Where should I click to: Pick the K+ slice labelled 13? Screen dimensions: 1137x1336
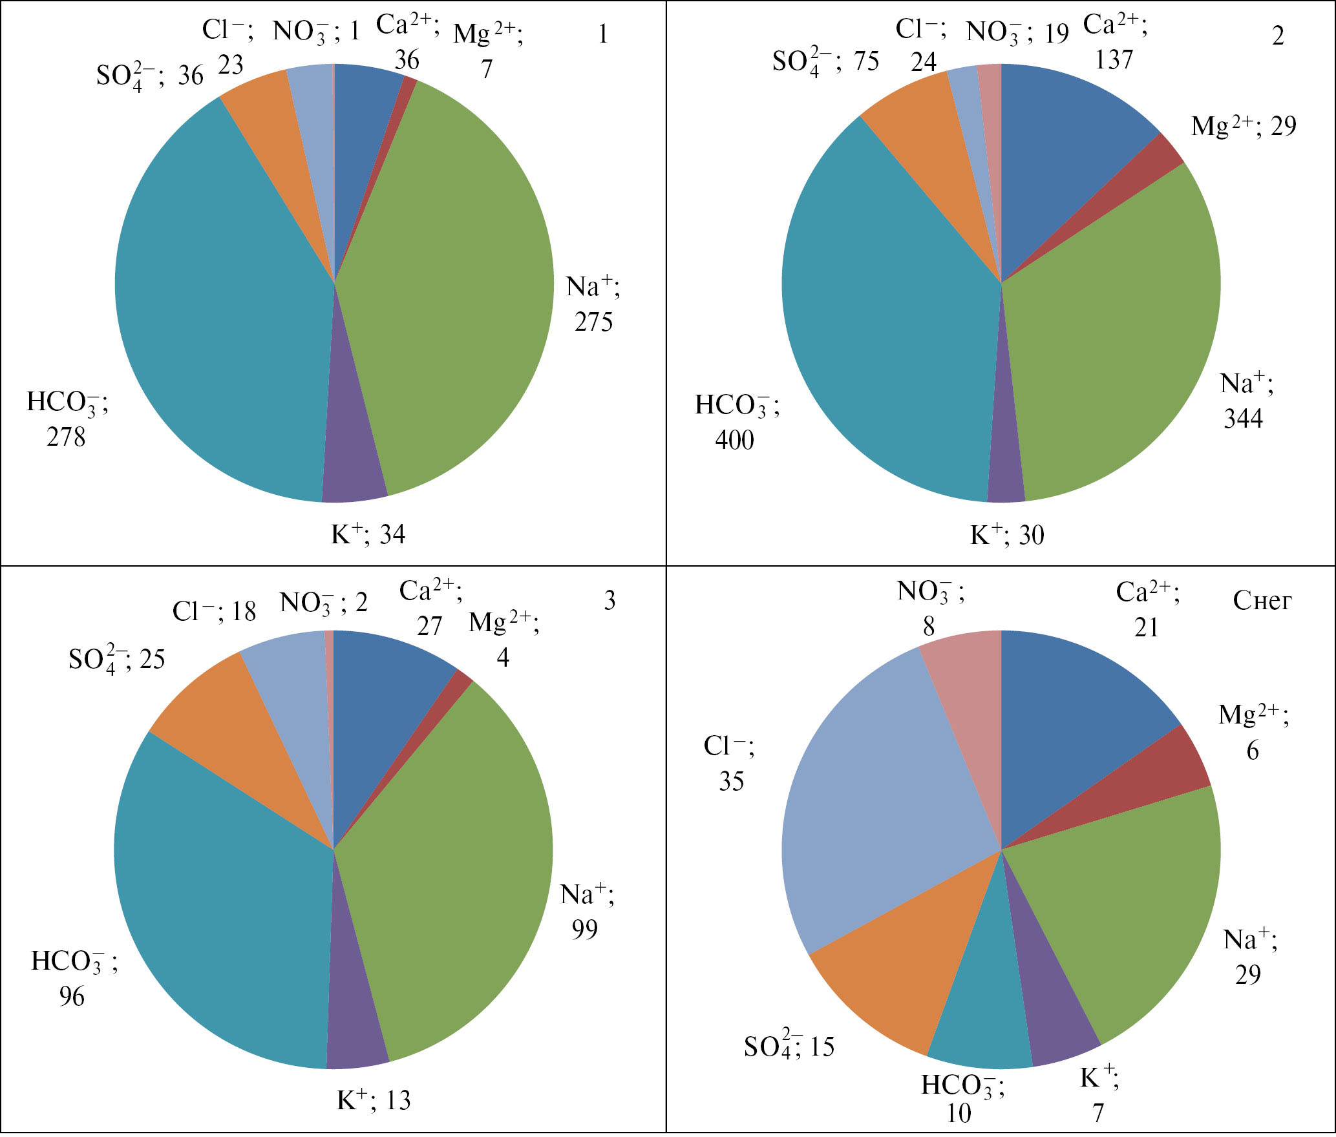click(x=355, y=1027)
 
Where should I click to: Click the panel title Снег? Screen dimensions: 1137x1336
click(x=1262, y=601)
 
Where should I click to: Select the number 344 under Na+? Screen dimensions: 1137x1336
click(x=1243, y=419)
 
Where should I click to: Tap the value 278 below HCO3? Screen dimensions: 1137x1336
click(x=66, y=437)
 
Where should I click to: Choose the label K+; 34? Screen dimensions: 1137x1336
click(x=368, y=534)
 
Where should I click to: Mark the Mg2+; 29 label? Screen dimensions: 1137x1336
click(x=1244, y=126)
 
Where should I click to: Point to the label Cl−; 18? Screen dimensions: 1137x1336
click(x=214, y=611)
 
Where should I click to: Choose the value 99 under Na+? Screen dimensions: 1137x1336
click(x=584, y=930)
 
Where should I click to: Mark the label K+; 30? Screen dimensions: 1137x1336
click(x=1007, y=535)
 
